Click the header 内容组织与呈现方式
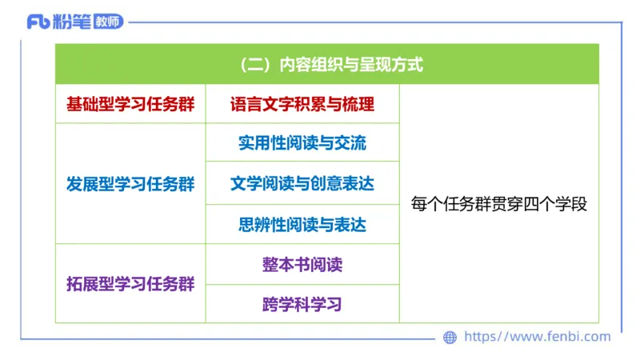(349, 65)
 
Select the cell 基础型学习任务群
(130, 104)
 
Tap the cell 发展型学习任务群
(130, 184)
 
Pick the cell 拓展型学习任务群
(130, 284)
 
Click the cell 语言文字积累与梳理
(302, 104)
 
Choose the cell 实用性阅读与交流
(302, 143)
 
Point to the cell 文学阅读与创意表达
(302, 184)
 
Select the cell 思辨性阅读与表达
(302, 225)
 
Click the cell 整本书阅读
(302, 264)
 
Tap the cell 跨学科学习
(302, 304)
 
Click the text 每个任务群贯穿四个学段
(499, 204)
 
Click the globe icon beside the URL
(450, 338)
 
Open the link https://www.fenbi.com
(538, 337)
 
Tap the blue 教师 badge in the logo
(108, 22)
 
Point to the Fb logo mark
(37, 22)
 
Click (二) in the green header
(256, 65)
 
